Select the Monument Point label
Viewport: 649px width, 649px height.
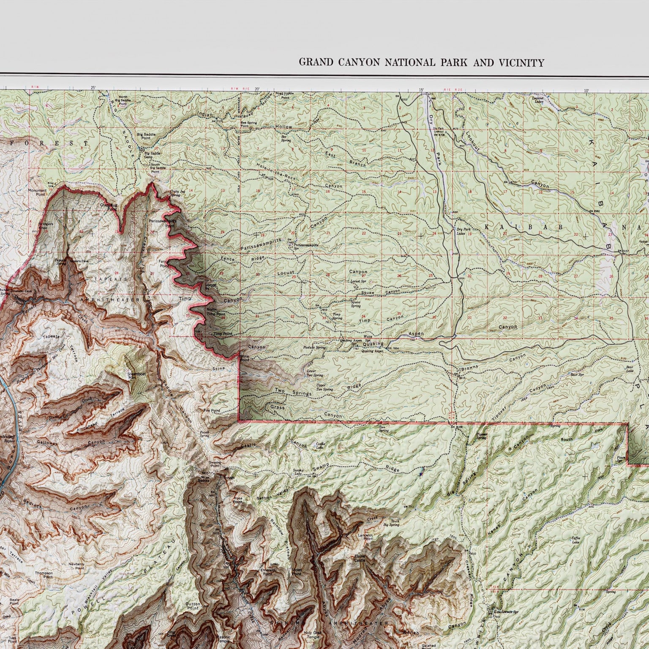(x=37, y=193)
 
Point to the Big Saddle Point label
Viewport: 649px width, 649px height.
(x=146, y=136)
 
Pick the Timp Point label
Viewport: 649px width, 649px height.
(x=223, y=334)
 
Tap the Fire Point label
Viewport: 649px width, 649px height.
(x=212, y=410)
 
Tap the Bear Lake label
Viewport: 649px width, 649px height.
(x=630, y=369)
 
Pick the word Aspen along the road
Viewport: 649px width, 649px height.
(x=416, y=334)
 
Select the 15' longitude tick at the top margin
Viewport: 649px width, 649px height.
(x=421, y=90)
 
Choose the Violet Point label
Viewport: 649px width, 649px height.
(x=297, y=572)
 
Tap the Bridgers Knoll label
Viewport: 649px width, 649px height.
(x=47, y=226)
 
